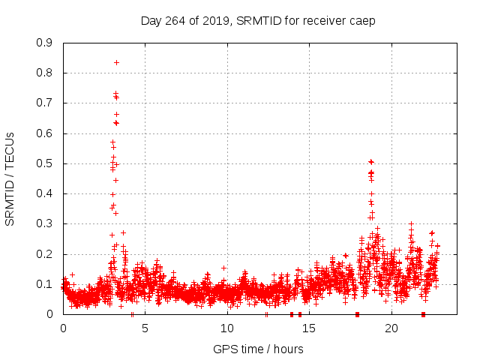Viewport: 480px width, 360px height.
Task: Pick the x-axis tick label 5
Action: click(145, 328)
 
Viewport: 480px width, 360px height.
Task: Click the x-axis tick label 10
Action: click(227, 328)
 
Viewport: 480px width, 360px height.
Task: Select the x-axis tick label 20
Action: click(391, 328)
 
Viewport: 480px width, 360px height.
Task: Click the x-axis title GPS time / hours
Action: click(258, 349)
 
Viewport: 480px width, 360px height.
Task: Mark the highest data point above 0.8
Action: click(116, 62)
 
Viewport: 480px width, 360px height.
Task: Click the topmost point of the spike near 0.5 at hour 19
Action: click(370, 161)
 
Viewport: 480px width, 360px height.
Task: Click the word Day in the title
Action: click(151, 20)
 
